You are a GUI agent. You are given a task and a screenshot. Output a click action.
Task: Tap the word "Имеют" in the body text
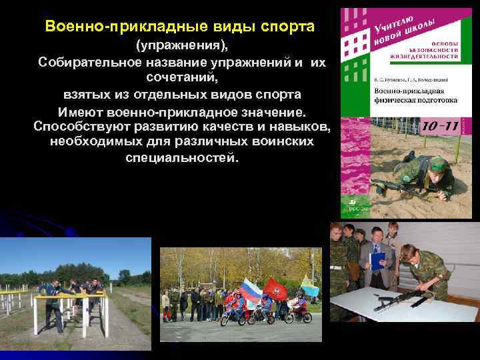(82, 111)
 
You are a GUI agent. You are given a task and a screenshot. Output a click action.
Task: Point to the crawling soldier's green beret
(438, 163)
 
